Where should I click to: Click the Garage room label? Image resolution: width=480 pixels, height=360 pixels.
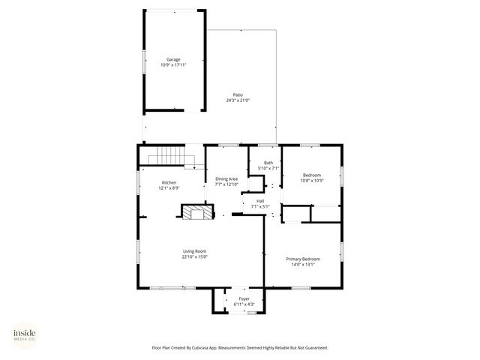click(x=173, y=59)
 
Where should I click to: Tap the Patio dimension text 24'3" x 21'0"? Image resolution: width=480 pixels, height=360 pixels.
click(x=238, y=100)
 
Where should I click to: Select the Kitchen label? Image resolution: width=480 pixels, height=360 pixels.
click(x=169, y=183)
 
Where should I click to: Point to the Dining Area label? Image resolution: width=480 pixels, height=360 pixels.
click(x=226, y=178)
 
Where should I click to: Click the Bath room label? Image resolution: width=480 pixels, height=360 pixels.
click(x=268, y=163)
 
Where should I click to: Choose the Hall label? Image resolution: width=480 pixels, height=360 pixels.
click(x=260, y=200)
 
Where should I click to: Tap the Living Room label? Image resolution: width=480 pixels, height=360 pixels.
click(x=194, y=251)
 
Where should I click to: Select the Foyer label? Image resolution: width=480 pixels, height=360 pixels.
click(x=244, y=298)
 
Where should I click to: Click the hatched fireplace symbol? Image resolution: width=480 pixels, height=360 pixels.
click(x=197, y=212)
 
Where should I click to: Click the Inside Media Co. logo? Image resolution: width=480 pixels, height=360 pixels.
click(x=25, y=334)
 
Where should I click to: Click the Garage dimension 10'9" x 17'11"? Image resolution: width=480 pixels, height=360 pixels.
click(x=173, y=65)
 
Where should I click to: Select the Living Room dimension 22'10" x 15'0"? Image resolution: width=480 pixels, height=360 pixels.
click(x=194, y=257)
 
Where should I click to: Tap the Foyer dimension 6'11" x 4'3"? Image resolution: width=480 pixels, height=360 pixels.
click(x=244, y=304)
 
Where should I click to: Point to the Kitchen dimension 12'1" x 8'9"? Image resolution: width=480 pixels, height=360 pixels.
click(x=169, y=188)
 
